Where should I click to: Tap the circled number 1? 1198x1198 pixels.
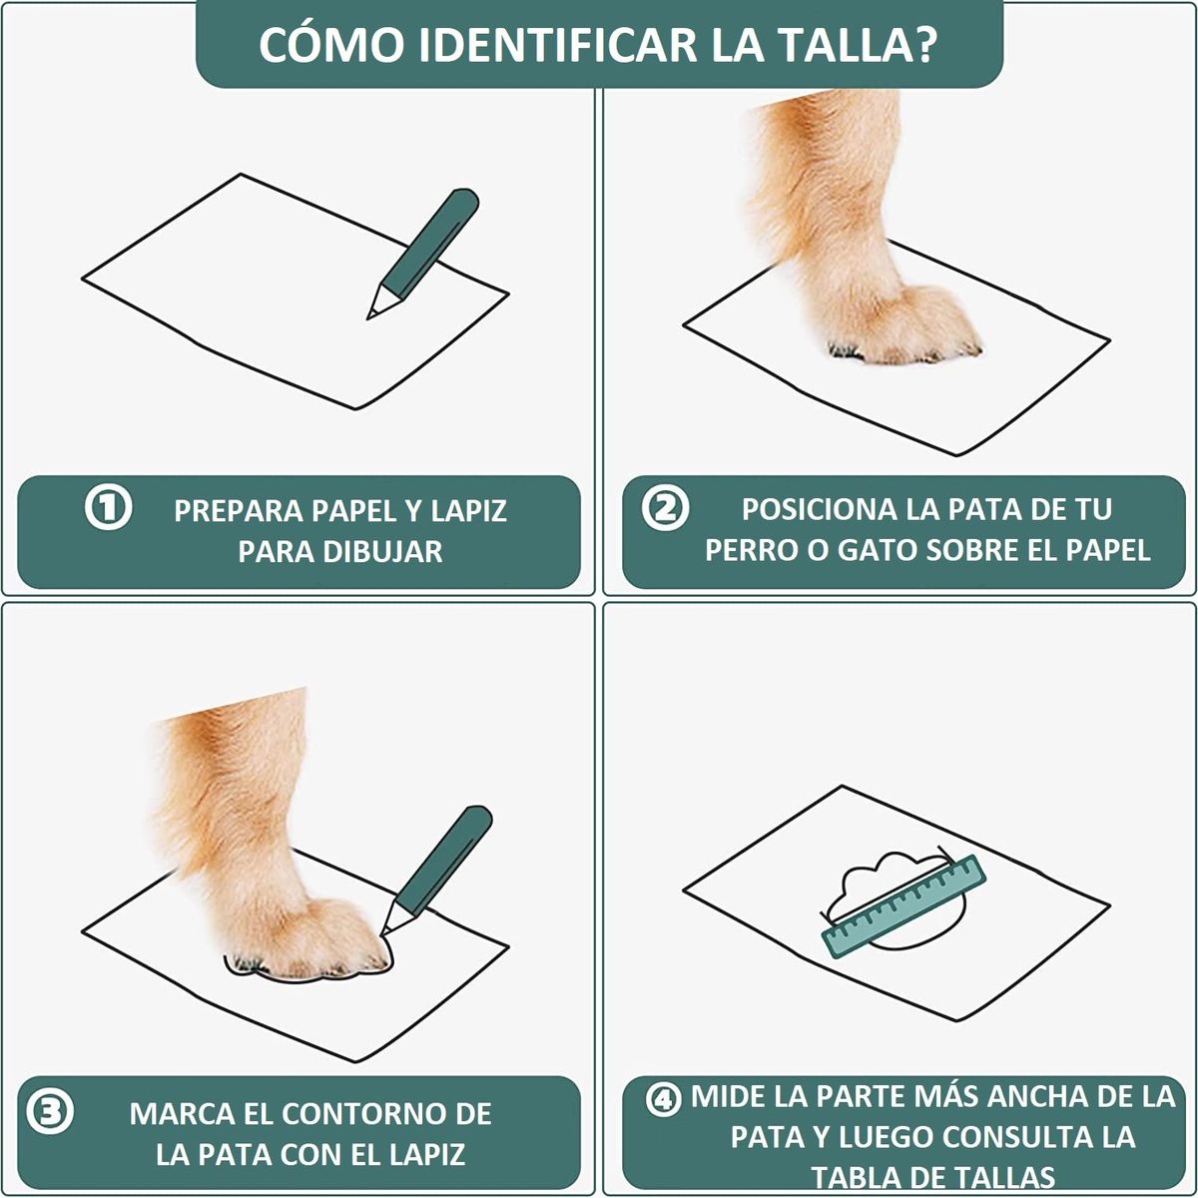pyautogui.click(x=108, y=508)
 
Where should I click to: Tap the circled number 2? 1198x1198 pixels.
pyautogui.click(x=665, y=509)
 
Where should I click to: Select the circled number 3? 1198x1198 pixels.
pyautogui.click(x=48, y=1111)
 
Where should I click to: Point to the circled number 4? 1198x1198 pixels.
pyautogui.click(x=663, y=1100)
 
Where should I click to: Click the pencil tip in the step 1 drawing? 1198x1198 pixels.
pyautogui.click(x=372, y=313)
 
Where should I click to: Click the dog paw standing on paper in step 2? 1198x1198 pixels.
pyautogui.click(x=903, y=324)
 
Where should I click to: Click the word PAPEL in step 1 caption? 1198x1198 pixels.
pyautogui.click(x=354, y=510)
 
